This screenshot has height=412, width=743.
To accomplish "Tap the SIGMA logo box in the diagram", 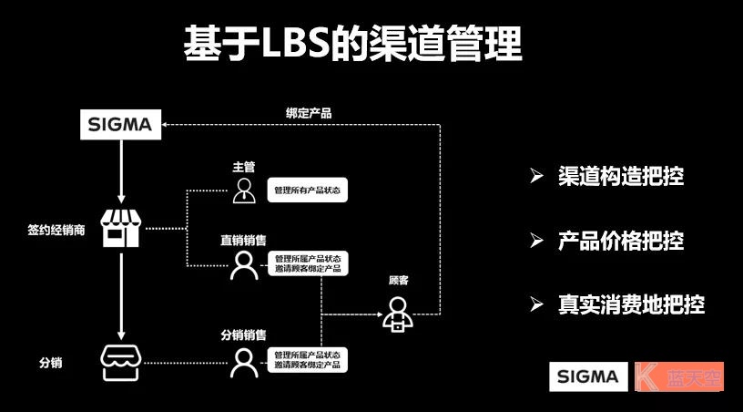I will [121, 125].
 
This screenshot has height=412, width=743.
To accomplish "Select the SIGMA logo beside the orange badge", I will [588, 376].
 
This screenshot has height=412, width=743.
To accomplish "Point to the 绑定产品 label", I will [308, 113].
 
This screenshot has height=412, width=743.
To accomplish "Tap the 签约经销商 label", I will [56, 230].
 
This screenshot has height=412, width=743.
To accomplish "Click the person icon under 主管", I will [243, 190].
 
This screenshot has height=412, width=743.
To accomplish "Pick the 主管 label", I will [243, 167].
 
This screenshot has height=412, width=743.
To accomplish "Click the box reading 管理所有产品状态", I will [310, 191].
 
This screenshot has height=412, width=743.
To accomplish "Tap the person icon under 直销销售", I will [243, 264].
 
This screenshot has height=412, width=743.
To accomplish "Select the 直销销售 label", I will [243, 241].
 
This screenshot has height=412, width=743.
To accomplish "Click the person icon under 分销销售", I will [243, 362].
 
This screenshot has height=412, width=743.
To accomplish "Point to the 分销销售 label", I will [243, 335].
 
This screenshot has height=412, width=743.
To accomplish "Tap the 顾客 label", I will [398, 281].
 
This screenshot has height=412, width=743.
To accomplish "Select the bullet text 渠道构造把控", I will [620, 176].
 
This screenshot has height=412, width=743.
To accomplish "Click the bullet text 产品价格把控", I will [620, 241].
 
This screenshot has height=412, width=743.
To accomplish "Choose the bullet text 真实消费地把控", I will [631, 304].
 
